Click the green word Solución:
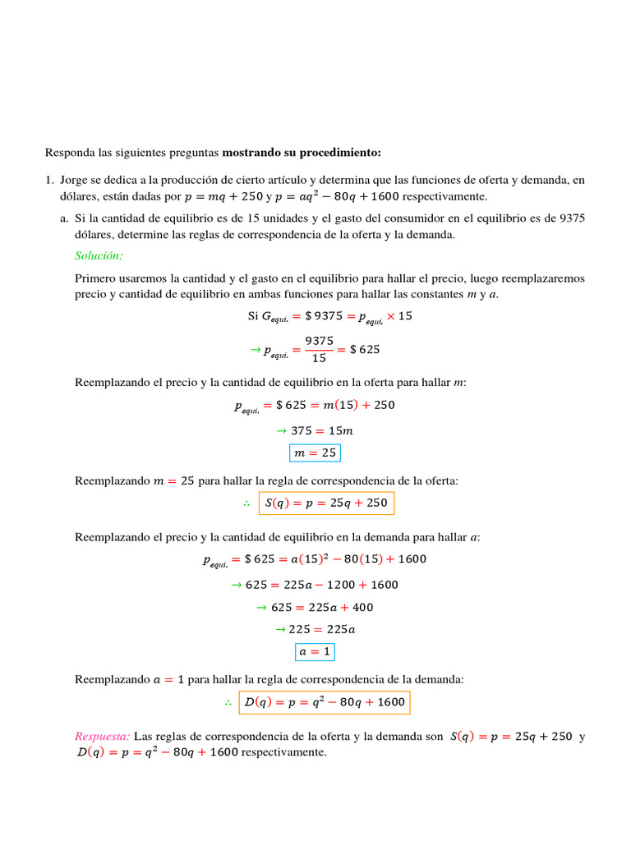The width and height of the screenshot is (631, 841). click(99, 256)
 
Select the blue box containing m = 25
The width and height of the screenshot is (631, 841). click(314, 453)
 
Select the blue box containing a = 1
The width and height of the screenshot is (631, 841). click(315, 652)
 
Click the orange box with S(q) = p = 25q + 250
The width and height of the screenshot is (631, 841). click(326, 503)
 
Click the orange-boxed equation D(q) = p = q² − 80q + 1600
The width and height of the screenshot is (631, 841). click(323, 702)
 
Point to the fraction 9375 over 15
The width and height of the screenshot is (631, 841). click(319, 349)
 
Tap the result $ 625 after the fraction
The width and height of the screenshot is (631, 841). click(365, 349)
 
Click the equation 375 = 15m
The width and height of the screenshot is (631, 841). click(315, 430)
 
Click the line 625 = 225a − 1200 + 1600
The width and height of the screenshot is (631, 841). click(315, 585)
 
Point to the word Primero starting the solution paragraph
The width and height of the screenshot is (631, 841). click(94, 278)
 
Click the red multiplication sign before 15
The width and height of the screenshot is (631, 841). click(390, 316)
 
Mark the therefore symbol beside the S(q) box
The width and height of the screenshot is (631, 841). click(246, 503)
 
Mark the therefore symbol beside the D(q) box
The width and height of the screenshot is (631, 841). click(227, 703)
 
